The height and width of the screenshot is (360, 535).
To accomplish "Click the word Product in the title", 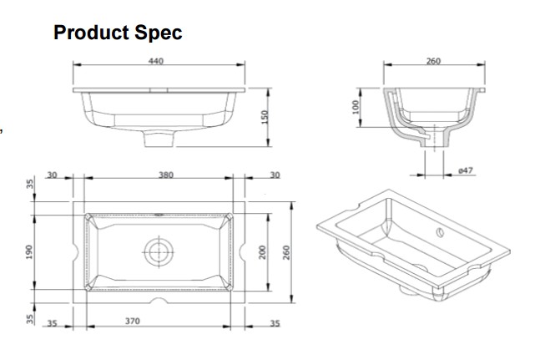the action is pos(91,33).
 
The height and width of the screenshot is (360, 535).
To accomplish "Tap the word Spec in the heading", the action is pos(159,33).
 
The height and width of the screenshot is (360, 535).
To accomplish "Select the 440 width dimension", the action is pos(156,61).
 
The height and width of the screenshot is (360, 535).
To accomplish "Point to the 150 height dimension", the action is pos(265,117).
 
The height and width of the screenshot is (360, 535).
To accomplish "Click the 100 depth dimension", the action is pos(356,107).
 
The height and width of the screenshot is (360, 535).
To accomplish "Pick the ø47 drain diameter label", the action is pos(466,170).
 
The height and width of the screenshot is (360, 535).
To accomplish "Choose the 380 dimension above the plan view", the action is pos(166,175).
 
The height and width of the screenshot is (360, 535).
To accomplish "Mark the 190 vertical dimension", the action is pos(29,252).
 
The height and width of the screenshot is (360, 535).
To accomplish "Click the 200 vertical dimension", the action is pos(262,252).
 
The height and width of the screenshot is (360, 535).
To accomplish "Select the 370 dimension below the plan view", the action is pos(133,321).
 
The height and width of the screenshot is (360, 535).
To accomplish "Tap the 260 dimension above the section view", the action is pos(434,61).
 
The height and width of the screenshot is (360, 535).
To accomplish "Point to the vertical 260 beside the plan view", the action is pos(286,252).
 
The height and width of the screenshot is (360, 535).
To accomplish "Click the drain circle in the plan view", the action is pos(159,252).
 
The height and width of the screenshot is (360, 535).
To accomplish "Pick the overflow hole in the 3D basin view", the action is pos(440,232).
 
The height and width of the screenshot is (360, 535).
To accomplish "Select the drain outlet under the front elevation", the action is pos(159,139).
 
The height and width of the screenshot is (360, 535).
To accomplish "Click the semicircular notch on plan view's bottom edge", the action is pos(159,300).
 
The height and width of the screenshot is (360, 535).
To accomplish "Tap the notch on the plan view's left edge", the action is pos(76,252).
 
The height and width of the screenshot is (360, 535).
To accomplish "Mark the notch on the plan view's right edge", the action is pos(242,252).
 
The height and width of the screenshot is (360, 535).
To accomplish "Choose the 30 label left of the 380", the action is pos(52,175).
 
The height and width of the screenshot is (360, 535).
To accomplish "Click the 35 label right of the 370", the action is pos(275,323).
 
